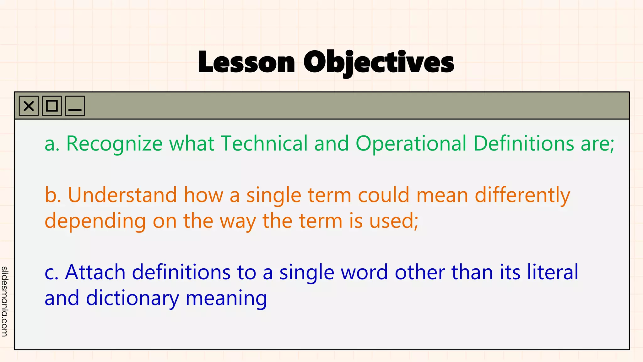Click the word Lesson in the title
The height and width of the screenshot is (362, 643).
(246, 62)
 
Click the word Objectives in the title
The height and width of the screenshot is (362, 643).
(379, 62)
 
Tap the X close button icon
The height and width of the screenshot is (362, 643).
(29, 106)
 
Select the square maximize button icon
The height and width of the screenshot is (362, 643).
(52, 106)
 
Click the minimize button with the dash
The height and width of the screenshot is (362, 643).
(75, 106)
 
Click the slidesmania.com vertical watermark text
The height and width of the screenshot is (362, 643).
(4, 301)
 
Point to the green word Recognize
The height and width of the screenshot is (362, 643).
(114, 144)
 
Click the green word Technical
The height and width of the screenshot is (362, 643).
(264, 144)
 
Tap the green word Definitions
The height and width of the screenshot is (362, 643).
(523, 144)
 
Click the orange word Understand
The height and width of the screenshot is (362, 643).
(122, 195)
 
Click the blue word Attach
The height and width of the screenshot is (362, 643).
(95, 272)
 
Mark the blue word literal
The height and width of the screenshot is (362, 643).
(553, 272)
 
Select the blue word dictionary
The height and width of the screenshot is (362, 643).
(132, 299)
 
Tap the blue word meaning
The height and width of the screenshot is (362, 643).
(226, 299)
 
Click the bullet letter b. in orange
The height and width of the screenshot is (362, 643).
(53, 195)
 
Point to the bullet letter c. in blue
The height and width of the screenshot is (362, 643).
(51, 273)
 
